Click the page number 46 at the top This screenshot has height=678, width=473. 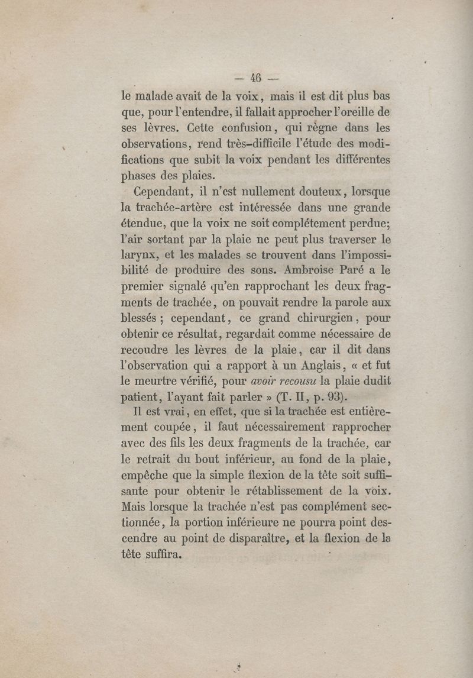(256, 77)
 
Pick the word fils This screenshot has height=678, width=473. (184, 443)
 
